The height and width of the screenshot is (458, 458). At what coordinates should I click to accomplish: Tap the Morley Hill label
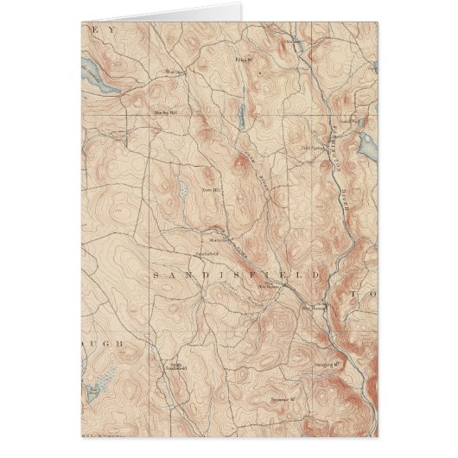[165, 111]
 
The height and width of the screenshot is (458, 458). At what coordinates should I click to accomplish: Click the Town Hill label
[213, 189]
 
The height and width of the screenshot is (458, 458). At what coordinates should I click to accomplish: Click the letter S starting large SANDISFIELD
[156, 275]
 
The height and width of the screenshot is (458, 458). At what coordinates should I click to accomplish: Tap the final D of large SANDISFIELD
[321, 275]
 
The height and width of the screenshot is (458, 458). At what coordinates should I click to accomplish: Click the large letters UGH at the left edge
[102, 343]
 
